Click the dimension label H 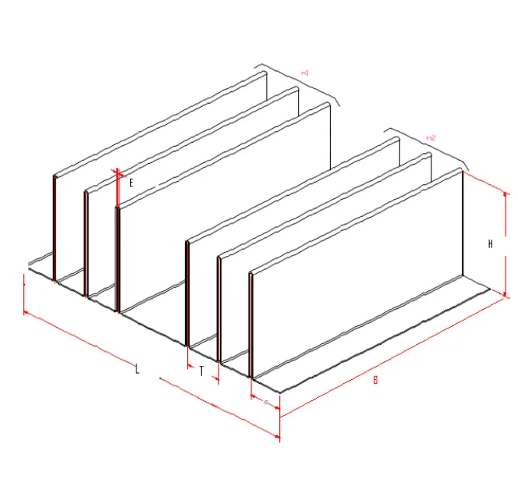coord(490,243)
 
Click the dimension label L coord(137,369)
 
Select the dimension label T coord(201,372)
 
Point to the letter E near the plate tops coord(131,183)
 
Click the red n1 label coord(305,73)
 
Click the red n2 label coord(431,138)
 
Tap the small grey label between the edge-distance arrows coord(267,402)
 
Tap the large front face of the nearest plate coord(359,273)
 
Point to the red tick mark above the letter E coord(117,172)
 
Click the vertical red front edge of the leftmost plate coord(55,226)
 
